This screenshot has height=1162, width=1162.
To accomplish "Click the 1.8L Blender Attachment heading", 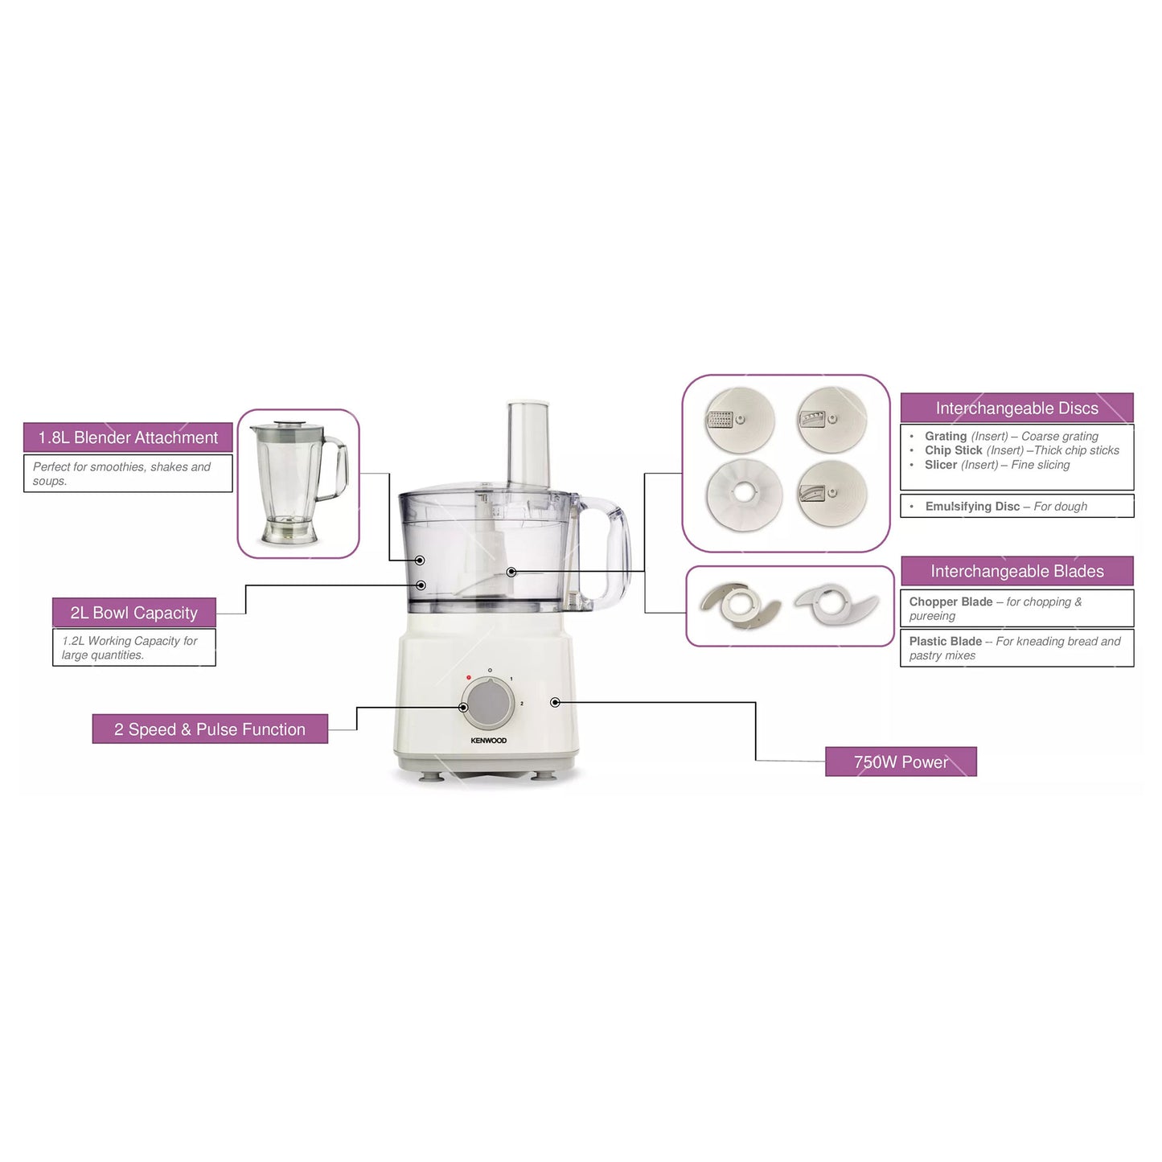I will tap(128, 438).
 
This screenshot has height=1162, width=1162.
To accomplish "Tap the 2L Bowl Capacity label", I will tap(133, 613).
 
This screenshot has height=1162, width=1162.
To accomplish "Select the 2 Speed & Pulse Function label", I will tap(210, 729).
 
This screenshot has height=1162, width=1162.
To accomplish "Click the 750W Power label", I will tap(901, 762).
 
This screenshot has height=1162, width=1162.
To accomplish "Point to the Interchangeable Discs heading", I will tap(1016, 409).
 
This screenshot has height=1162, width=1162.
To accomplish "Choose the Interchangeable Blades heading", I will tap(1016, 572).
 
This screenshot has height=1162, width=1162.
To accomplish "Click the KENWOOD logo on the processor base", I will tap(489, 741).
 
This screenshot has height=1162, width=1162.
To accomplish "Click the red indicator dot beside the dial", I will tap(469, 678).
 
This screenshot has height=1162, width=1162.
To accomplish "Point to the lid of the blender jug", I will tap(285, 427).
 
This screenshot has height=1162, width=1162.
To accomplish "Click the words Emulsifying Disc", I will tap(971, 507).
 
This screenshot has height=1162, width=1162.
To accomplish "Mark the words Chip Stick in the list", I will tap(953, 450).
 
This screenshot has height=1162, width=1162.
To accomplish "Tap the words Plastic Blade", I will tap(945, 642).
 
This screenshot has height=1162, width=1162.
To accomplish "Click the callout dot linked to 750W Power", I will tap(555, 703).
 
